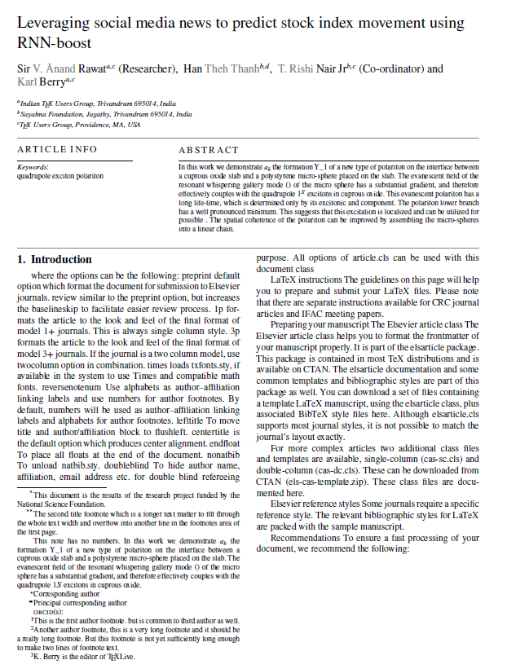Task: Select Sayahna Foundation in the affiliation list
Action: [x=51, y=115]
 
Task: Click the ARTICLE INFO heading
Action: [x=57, y=151]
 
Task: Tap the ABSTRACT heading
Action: [x=209, y=151]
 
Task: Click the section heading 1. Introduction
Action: [x=55, y=260]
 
